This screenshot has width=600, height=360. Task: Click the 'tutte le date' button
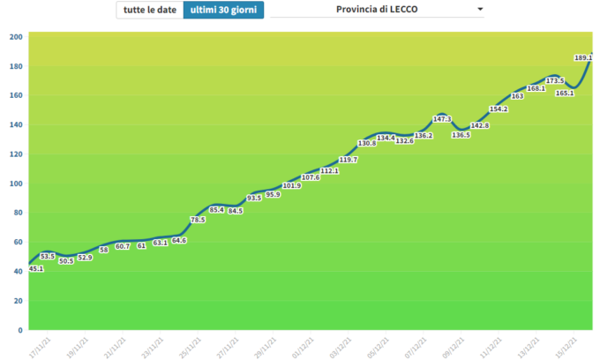tap(149, 10)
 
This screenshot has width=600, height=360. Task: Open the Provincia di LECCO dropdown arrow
tap(480, 10)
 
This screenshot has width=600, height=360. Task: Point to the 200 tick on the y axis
tap(16, 37)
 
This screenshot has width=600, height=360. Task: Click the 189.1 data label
tap(583, 58)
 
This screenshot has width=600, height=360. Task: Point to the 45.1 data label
tap(37, 268)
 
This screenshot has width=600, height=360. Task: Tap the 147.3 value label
tap(443, 119)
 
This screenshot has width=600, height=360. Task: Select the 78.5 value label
tap(198, 220)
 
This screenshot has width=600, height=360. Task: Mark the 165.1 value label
tap(565, 93)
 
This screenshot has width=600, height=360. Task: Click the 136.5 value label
tap(461, 135)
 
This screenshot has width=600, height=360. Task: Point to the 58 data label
tap(104, 250)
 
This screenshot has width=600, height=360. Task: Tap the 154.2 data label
tap(499, 109)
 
